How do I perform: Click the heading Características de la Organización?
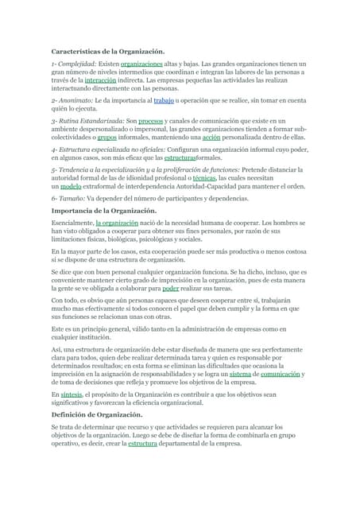(107, 51)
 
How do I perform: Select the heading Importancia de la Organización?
(101, 211)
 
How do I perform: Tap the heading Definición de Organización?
(97, 414)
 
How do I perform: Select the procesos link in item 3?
(150, 119)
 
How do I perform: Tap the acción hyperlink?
(211, 137)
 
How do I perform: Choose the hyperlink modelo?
(70, 186)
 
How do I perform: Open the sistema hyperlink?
(239, 373)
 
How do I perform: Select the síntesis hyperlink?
(71, 394)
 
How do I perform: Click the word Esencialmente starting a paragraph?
(72, 224)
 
